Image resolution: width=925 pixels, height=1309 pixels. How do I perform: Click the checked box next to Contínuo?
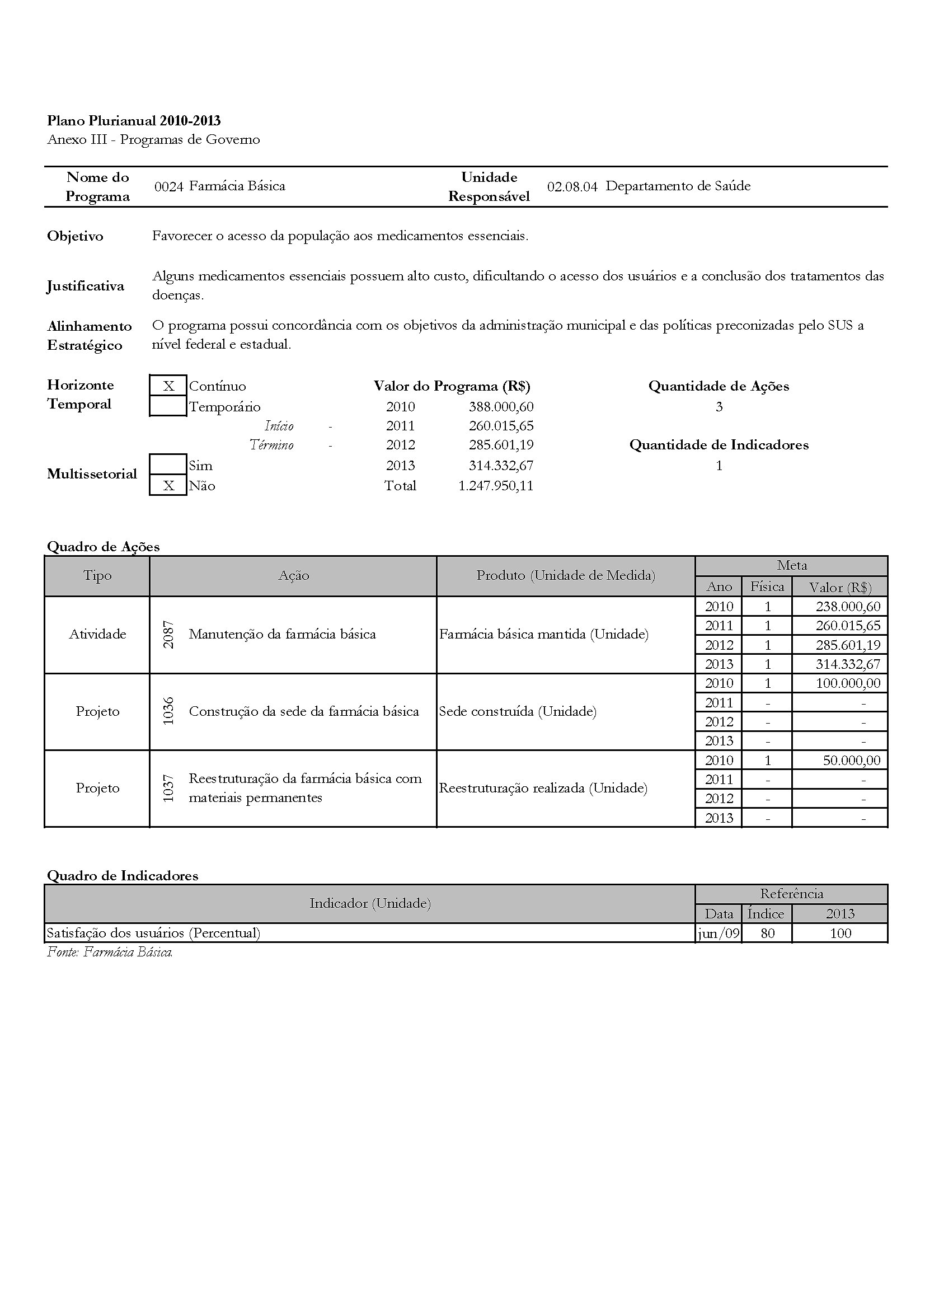(168, 386)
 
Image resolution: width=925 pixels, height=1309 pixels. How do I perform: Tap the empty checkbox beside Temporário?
(168, 406)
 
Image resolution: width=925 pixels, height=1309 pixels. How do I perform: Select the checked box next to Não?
(168, 486)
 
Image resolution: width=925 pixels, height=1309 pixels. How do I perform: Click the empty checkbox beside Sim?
(168, 465)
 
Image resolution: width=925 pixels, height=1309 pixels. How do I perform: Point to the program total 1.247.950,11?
(496, 486)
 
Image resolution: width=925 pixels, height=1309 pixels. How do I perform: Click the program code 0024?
(168, 186)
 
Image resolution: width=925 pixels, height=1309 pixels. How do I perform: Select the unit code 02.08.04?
(572, 186)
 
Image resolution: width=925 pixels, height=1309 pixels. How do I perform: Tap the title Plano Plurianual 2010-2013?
(134, 120)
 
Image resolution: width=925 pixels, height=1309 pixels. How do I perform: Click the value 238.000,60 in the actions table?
(848, 607)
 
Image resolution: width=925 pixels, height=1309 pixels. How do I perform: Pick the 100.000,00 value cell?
(848, 683)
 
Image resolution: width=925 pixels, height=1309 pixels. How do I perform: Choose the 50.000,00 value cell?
(852, 760)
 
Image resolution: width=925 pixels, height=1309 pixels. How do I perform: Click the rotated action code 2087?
(168, 635)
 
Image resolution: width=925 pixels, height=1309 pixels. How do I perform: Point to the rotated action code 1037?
(168, 789)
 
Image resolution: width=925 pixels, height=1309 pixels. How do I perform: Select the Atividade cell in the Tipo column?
(97, 634)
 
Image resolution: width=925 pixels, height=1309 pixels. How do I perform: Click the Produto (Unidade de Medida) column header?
(565, 576)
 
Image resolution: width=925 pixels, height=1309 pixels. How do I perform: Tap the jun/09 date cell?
(719, 933)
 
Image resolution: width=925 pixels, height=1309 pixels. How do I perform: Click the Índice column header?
(766, 914)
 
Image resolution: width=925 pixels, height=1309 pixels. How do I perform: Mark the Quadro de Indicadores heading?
(123, 876)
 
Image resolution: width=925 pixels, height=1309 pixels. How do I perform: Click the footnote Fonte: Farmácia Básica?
(110, 952)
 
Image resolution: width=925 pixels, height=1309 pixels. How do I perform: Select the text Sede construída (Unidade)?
(518, 711)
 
